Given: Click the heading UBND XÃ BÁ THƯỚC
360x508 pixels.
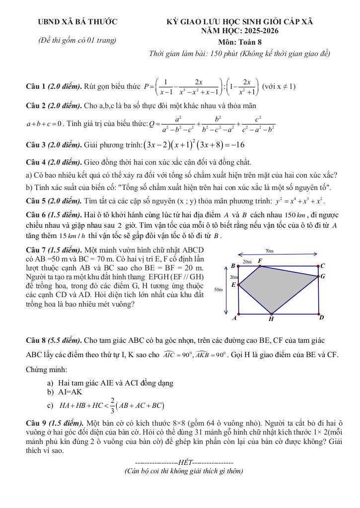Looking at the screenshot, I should coord(78,22).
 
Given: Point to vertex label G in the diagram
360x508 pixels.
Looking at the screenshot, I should coord(323,276).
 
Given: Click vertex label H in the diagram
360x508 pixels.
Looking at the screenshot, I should coord(271,319).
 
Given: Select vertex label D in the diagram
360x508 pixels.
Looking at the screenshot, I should coord(321,317).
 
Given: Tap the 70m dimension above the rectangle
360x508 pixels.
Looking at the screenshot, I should coord(269,252).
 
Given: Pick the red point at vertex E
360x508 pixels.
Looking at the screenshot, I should coord(239,285).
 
